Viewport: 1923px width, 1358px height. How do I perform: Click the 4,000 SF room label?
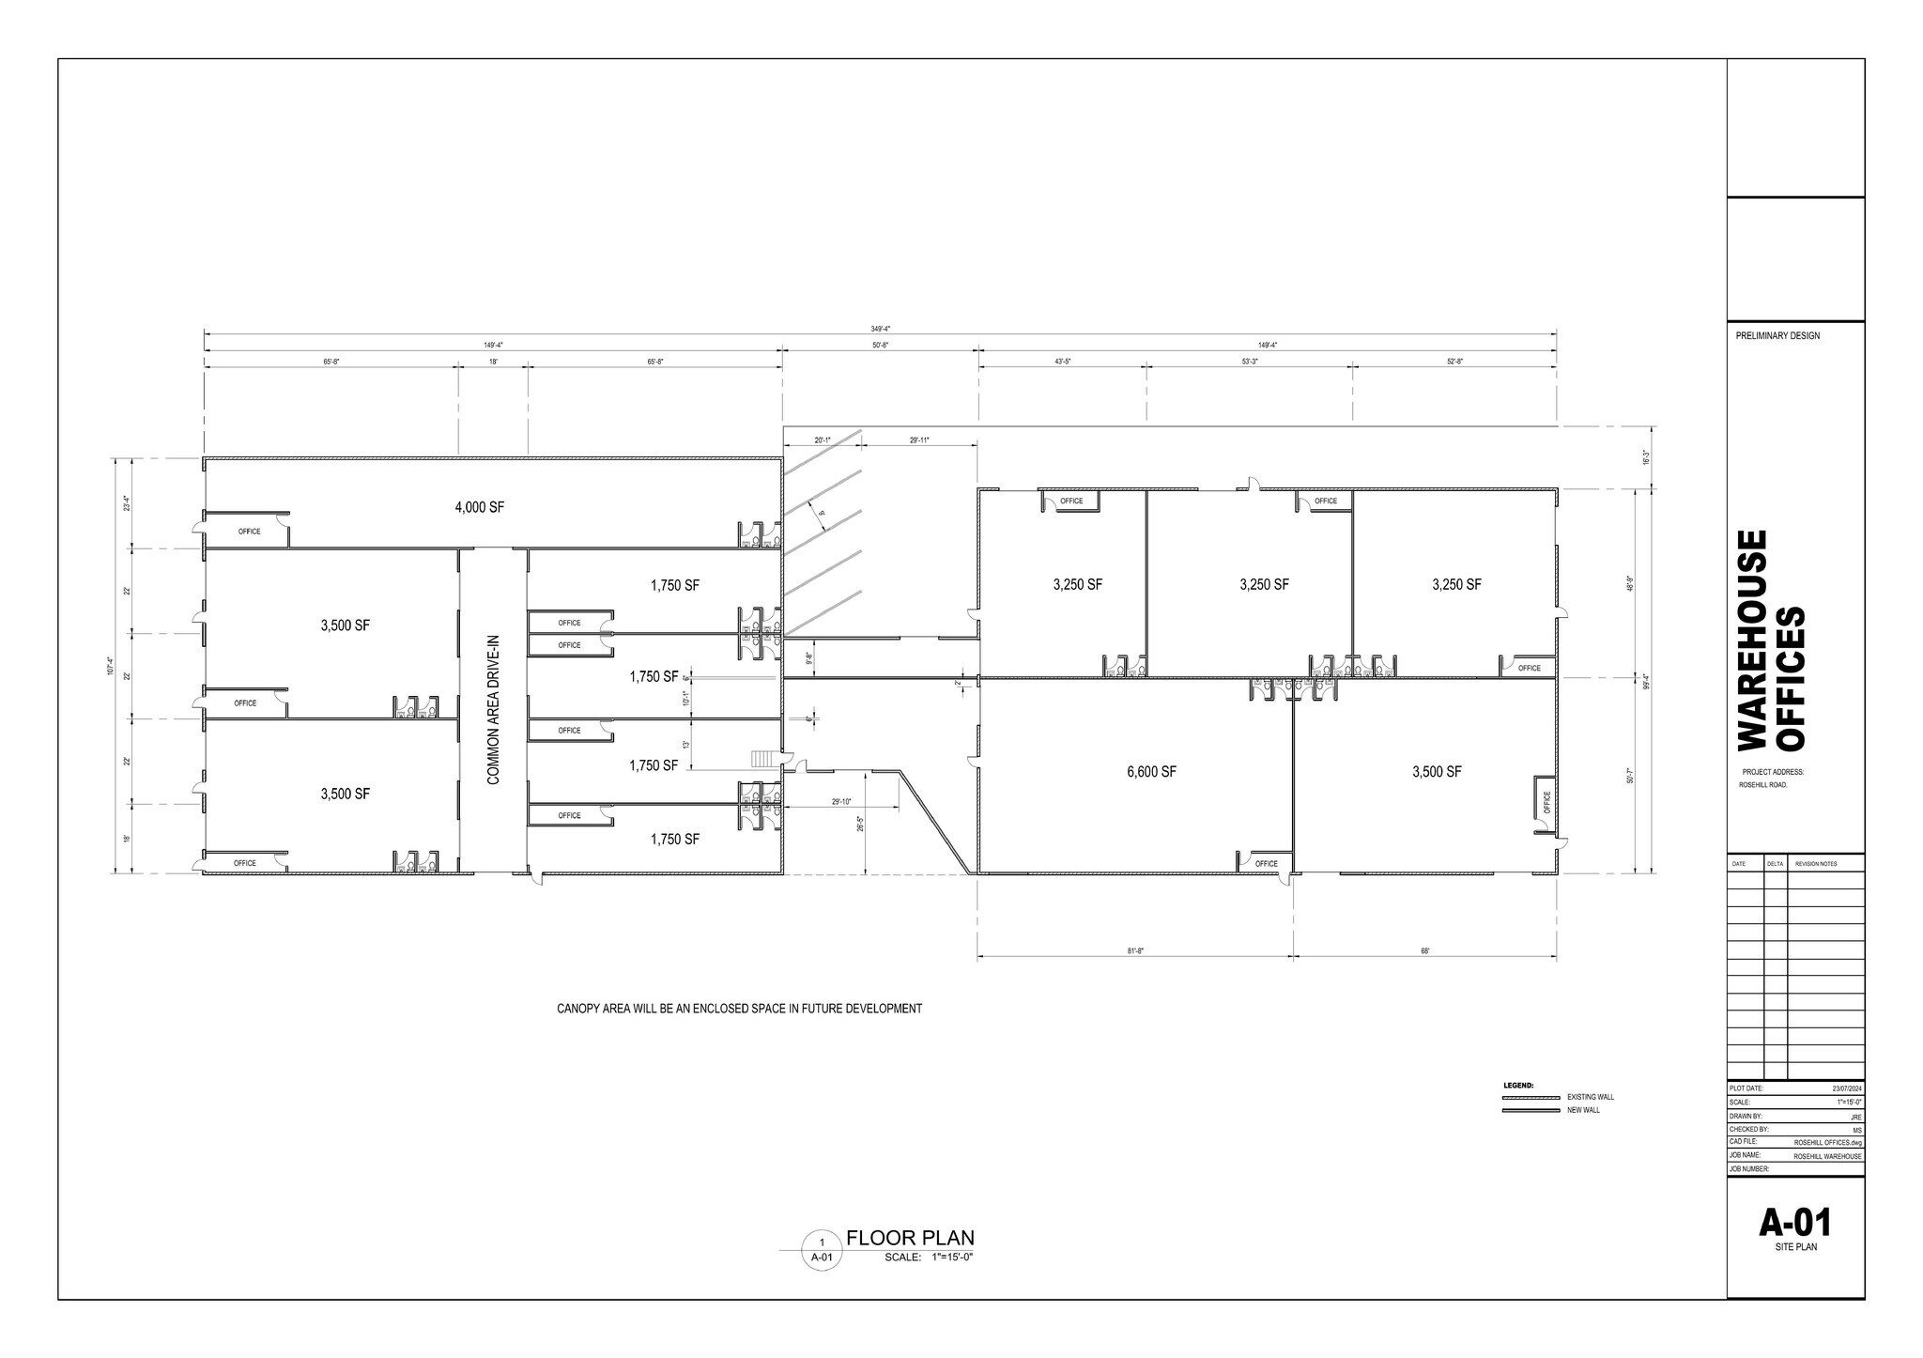[x=479, y=507]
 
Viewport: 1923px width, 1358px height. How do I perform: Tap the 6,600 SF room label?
[x=1151, y=772]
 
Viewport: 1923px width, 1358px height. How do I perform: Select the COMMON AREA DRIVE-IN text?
[x=493, y=710]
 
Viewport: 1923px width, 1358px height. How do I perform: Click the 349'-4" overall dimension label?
[x=880, y=329]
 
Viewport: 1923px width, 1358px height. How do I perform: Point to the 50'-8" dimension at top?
[x=880, y=346]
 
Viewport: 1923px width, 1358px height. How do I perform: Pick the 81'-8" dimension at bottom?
[x=1135, y=951]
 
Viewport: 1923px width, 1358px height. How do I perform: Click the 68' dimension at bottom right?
[x=1424, y=951]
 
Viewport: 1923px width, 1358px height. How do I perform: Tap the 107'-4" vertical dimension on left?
[x=110, y=666]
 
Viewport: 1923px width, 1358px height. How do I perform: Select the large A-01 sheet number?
[x=1794, y=1223]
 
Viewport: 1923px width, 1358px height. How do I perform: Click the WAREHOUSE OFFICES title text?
[x=1771, y=640]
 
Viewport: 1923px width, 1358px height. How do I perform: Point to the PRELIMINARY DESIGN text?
[x=1777, y=335]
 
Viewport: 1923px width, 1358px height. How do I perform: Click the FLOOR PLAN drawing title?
[x=910, y=1238]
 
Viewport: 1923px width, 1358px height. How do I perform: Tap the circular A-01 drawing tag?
[x=822, y=1250]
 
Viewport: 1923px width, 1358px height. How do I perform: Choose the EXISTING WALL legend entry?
[x=1590, y=1097]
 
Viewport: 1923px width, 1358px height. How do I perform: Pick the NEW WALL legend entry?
[x=1583, y=1110]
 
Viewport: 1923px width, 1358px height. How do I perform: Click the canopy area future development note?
[x=739, y=1009]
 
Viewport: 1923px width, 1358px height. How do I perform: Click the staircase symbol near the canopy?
[x=765, y=758]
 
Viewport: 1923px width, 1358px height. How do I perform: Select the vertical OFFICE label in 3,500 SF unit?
[x=1546, y=802]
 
